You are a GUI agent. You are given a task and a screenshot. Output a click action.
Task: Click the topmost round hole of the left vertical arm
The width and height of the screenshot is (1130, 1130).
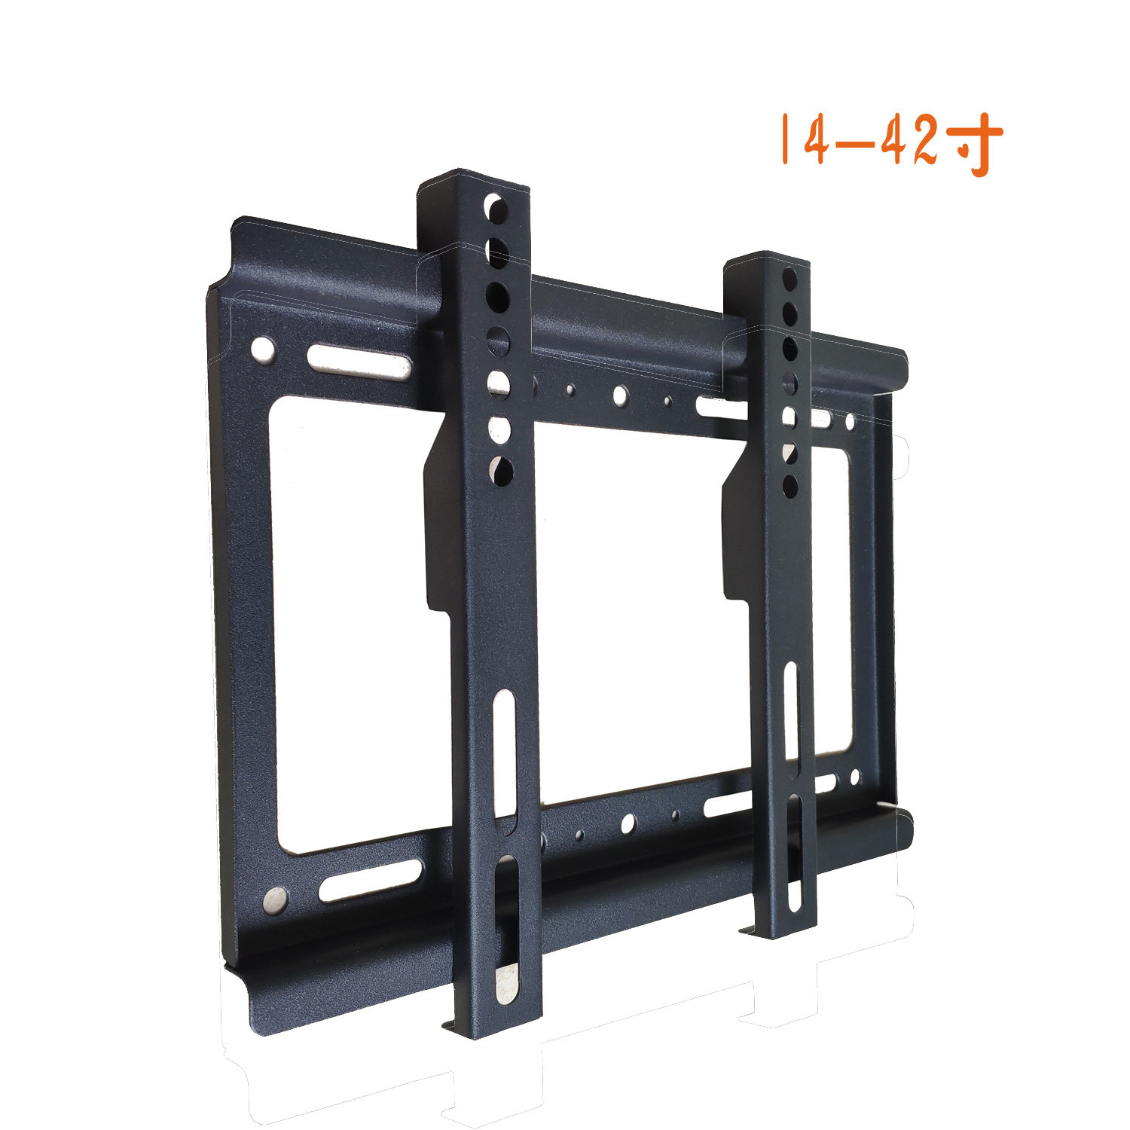click(x=496, y=206)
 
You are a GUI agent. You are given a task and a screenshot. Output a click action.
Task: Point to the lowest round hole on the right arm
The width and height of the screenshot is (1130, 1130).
click(x=790, y=485)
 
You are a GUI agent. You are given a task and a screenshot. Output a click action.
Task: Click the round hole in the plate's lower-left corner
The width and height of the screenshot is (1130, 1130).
click(x=276, y=899)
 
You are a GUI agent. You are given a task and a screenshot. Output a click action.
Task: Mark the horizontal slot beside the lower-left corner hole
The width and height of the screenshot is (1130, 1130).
click(x=370, y=879)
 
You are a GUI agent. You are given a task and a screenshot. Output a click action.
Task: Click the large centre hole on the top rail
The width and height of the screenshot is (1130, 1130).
click(x=620, y=394)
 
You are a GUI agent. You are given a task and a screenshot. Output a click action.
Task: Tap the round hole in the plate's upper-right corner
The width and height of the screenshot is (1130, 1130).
click(x=850, y=422)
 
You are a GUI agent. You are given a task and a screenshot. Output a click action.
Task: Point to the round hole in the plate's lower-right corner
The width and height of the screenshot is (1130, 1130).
click(x=854, y=777)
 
